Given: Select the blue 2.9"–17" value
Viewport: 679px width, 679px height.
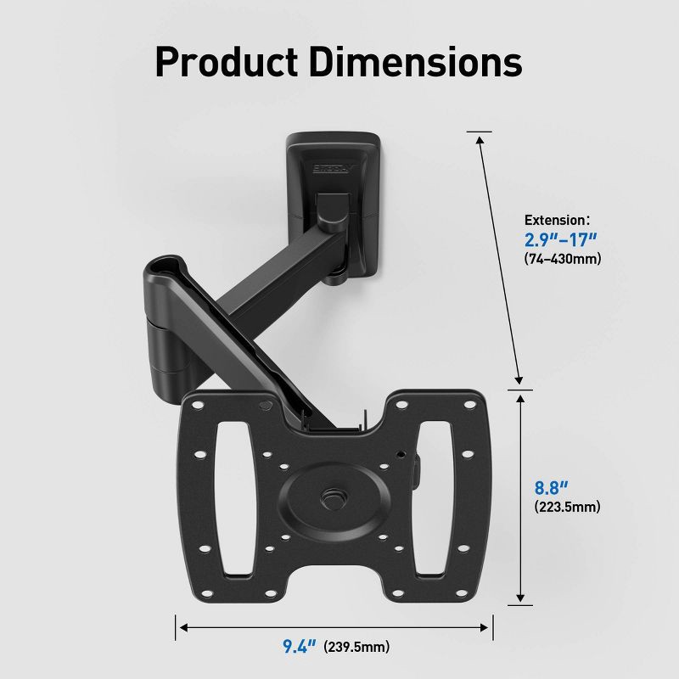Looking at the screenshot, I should click(x=561, y=238).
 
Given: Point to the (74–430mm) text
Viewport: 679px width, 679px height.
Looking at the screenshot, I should click(x=562, y=259).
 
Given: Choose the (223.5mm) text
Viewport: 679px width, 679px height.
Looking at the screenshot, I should click(x=566, y=508).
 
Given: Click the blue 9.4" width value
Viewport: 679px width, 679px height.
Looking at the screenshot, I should click(x=299, y=647).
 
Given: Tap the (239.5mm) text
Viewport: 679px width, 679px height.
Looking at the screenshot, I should click(x=356, y=647).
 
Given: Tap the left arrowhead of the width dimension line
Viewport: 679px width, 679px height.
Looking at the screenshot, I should click(x=181, y=628).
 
